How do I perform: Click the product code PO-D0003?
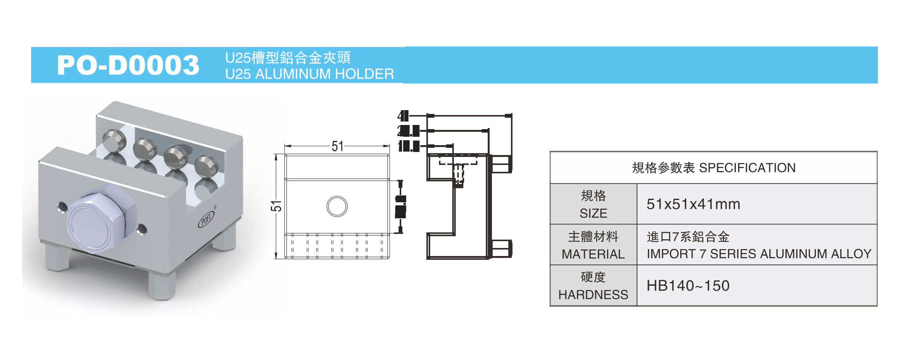[128, 65]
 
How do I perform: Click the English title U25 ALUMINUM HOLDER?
[309, 74]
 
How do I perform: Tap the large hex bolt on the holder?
[99, 221]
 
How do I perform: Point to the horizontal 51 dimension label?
[337, 146]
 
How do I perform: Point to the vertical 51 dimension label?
[277, 206]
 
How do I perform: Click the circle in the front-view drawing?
[337, 206]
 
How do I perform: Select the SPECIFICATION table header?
[713, 168]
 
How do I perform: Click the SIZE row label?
[593, 204]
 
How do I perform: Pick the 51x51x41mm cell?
[693, 204]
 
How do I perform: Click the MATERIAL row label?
[593, 245]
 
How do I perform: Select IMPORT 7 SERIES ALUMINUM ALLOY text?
[759, 254]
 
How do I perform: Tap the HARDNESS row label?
[593, 286]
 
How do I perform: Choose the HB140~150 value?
[688, 286]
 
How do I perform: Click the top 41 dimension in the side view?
[403, 116]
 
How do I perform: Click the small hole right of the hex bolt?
[142, 229]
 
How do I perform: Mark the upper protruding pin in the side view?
[501, 164]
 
